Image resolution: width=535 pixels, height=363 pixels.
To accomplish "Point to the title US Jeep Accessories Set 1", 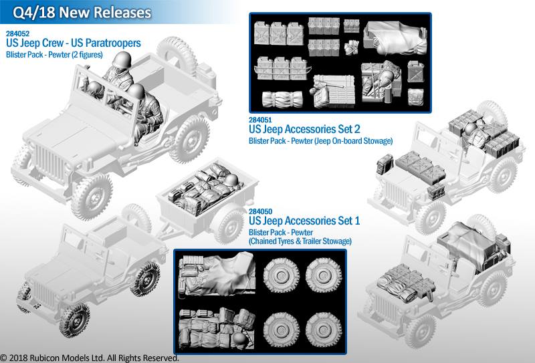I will click(300, 221).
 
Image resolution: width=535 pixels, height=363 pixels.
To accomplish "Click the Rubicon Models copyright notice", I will click(90, 358).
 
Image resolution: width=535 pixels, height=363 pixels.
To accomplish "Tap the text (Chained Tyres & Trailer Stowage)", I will click(300, 241).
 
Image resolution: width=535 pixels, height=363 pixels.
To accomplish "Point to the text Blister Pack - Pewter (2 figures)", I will click(54, 54).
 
